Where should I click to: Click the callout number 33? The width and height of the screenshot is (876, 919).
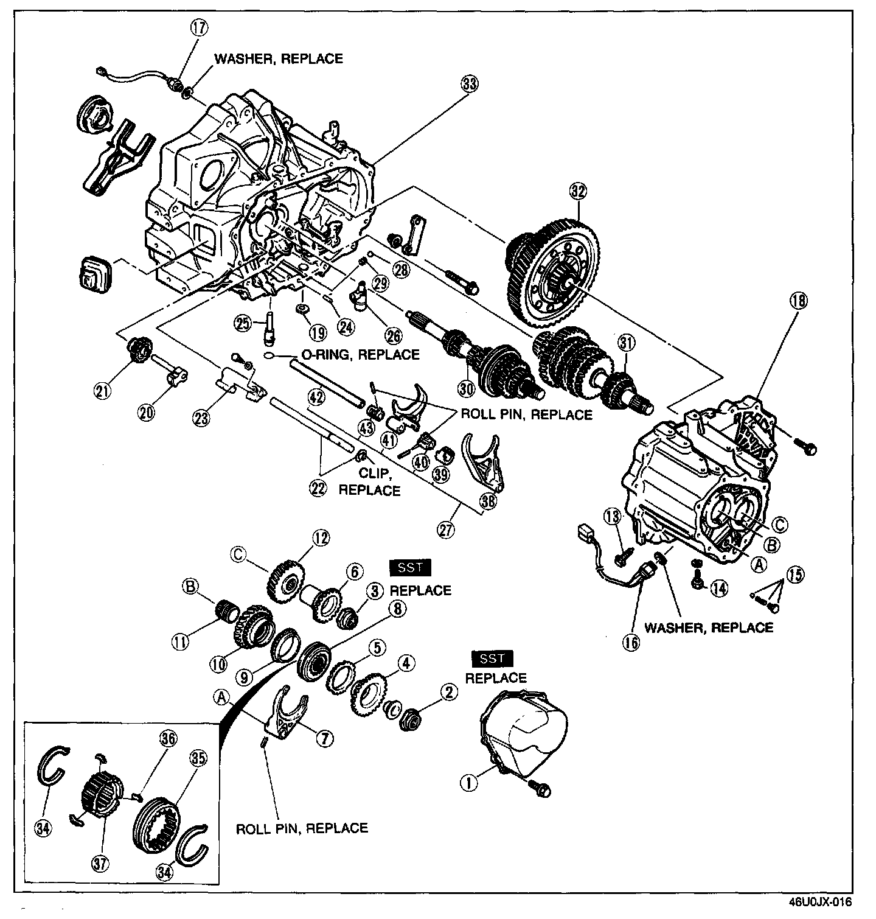[x=469, y=85]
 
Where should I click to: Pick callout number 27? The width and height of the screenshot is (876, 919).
[x=446, y=529]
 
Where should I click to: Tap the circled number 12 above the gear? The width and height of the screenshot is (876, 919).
[x=320, y=537]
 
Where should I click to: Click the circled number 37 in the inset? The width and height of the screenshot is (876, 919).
[x=101, y=862]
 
